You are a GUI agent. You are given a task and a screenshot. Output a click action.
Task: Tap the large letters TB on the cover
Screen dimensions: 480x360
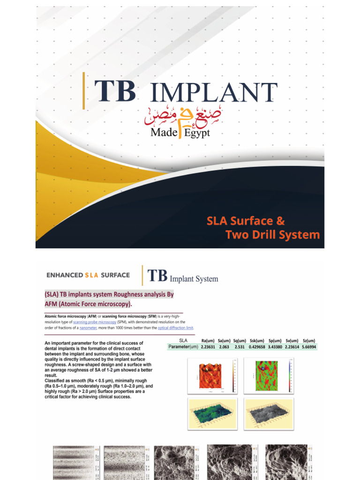click(x=115, y=91)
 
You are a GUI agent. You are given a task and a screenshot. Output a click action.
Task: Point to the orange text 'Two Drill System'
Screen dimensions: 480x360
click(x=273, y=234)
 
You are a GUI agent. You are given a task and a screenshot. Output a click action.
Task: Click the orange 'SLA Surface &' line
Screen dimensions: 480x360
click(x=246, y=221)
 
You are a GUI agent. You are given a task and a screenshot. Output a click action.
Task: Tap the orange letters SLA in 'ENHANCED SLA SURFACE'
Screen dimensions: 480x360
click(x=91, y=275)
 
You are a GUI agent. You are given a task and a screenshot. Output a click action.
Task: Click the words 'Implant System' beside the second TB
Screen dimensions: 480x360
click(x=194, y=279)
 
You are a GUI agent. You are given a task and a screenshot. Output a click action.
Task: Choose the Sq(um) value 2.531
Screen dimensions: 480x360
click(x=239, y=347)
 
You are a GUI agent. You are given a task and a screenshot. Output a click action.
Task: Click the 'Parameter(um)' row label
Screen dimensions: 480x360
click(x=183, y=347)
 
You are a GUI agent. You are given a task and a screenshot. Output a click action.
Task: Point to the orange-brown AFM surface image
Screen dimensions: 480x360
click(x=210, y=376)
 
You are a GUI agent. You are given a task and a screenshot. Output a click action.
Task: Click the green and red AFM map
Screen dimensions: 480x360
click(x=267, y=376)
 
